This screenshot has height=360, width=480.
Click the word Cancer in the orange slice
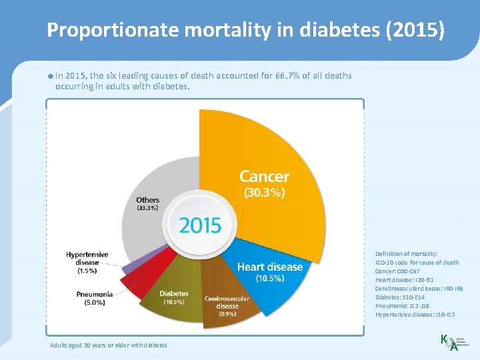[264, 177]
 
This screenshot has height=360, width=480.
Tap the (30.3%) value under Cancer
[264, 193]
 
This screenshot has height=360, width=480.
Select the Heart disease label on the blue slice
[269, 267]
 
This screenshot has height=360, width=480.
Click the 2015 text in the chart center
[200, 225]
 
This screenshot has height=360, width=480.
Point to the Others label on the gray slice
[147, 199]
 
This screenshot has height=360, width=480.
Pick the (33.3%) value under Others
[147, 208]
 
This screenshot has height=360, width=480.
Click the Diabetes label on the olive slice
[173, 293]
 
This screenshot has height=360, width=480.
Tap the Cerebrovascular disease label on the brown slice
[227, 302]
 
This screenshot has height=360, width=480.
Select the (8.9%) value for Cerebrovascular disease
[227, 314]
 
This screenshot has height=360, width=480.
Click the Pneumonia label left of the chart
[94, 294]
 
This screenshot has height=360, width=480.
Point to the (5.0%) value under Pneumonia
[94, 303]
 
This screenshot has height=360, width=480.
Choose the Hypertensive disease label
[87, 259]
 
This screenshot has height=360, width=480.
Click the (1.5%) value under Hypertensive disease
[87, 271]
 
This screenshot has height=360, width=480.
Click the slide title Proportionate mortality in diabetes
[245, 30]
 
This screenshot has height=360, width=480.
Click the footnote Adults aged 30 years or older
[109, 345]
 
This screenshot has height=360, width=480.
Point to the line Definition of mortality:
[406, 254]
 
